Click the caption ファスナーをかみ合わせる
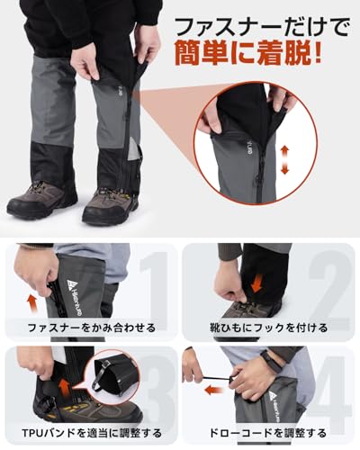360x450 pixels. pyautogui.click(x=90, y=328)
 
